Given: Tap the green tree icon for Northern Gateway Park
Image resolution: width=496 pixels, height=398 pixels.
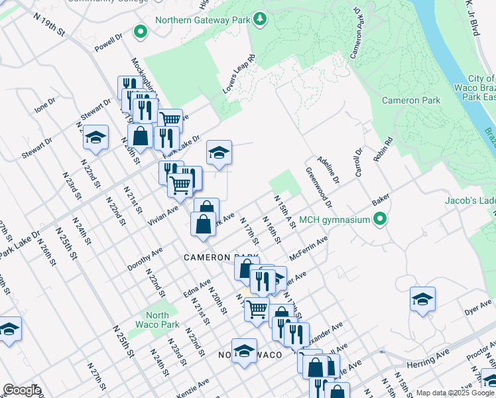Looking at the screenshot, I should point(261,19).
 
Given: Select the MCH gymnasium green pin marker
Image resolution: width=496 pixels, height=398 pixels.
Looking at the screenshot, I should point(380,218).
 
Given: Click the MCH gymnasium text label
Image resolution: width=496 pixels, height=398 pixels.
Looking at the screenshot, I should point(334,220).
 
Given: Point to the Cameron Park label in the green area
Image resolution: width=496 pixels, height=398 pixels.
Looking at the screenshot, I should point(411,100).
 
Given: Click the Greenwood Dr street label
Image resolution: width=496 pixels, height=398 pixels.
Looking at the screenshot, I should point(319,186).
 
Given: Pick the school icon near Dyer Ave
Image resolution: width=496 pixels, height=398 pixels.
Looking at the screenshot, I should point(422,299).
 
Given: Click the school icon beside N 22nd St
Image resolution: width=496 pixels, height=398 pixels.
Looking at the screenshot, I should point(96,137).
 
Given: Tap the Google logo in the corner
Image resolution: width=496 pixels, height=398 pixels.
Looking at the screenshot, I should point(22,390).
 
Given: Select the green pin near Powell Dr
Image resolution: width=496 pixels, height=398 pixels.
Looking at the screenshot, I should point(140,31).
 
